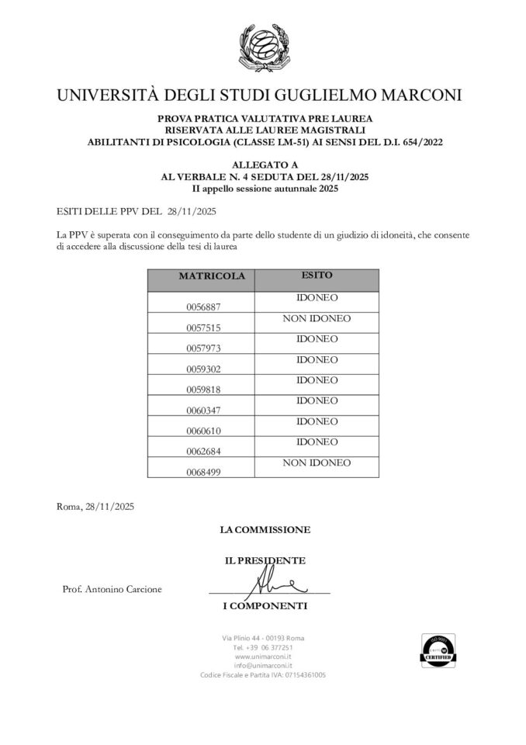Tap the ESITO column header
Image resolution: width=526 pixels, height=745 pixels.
pos(317,275)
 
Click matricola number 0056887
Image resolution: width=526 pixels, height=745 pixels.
pos(203,307)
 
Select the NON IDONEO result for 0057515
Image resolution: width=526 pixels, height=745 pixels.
pos(317,318)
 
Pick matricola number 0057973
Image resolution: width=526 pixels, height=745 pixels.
pos(203,348)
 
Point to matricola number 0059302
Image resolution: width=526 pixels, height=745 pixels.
pos(203,369)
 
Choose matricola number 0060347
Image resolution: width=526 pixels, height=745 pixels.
pos(203,410)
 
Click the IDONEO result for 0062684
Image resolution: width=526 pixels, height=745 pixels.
pos(317,442)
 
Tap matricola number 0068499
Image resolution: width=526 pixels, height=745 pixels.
pos(203,471)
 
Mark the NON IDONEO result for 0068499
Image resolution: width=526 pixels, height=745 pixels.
pos(317,463)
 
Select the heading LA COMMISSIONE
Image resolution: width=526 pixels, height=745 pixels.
pos(265,529)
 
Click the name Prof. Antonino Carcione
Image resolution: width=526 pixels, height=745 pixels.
pos(112,589)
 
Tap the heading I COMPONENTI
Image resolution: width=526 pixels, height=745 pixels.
pos(265,605)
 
